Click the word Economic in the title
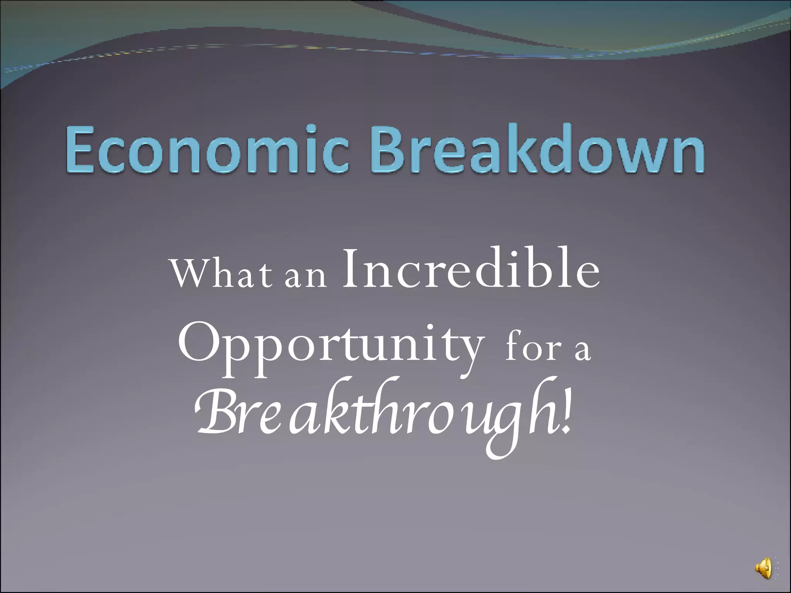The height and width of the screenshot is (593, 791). point(207,151)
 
